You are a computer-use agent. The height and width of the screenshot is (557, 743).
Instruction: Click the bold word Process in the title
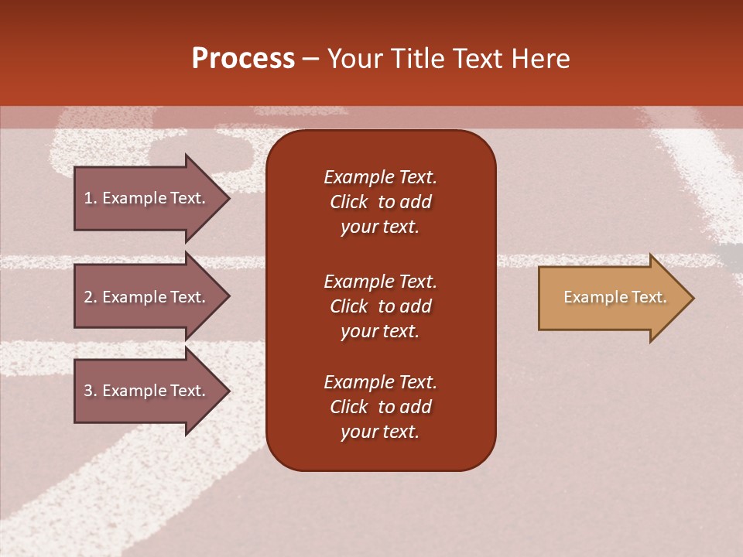(243, 59)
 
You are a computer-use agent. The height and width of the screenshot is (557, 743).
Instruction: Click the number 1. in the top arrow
(90, 198)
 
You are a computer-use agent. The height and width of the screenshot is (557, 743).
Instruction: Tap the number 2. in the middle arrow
(90, 297)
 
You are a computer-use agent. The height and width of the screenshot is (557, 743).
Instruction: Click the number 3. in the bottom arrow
(90, 391)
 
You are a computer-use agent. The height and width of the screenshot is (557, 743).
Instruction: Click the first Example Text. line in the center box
(380, 177)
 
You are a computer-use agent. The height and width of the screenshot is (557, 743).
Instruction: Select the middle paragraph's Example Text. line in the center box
(380, 281)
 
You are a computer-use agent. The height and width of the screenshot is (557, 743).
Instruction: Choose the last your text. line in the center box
(380, 432)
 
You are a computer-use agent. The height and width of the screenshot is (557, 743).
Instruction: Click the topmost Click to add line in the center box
(380, 202)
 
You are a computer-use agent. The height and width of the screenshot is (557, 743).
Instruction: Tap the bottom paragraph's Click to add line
(380, 407)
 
